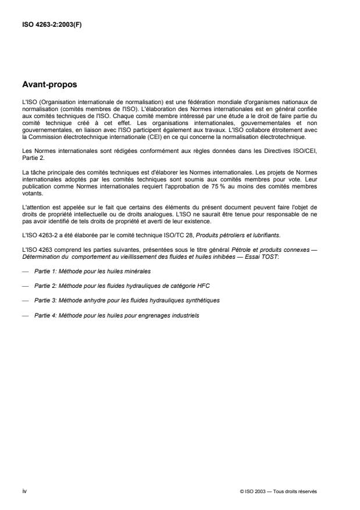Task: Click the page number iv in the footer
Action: [x=24, y=490]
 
